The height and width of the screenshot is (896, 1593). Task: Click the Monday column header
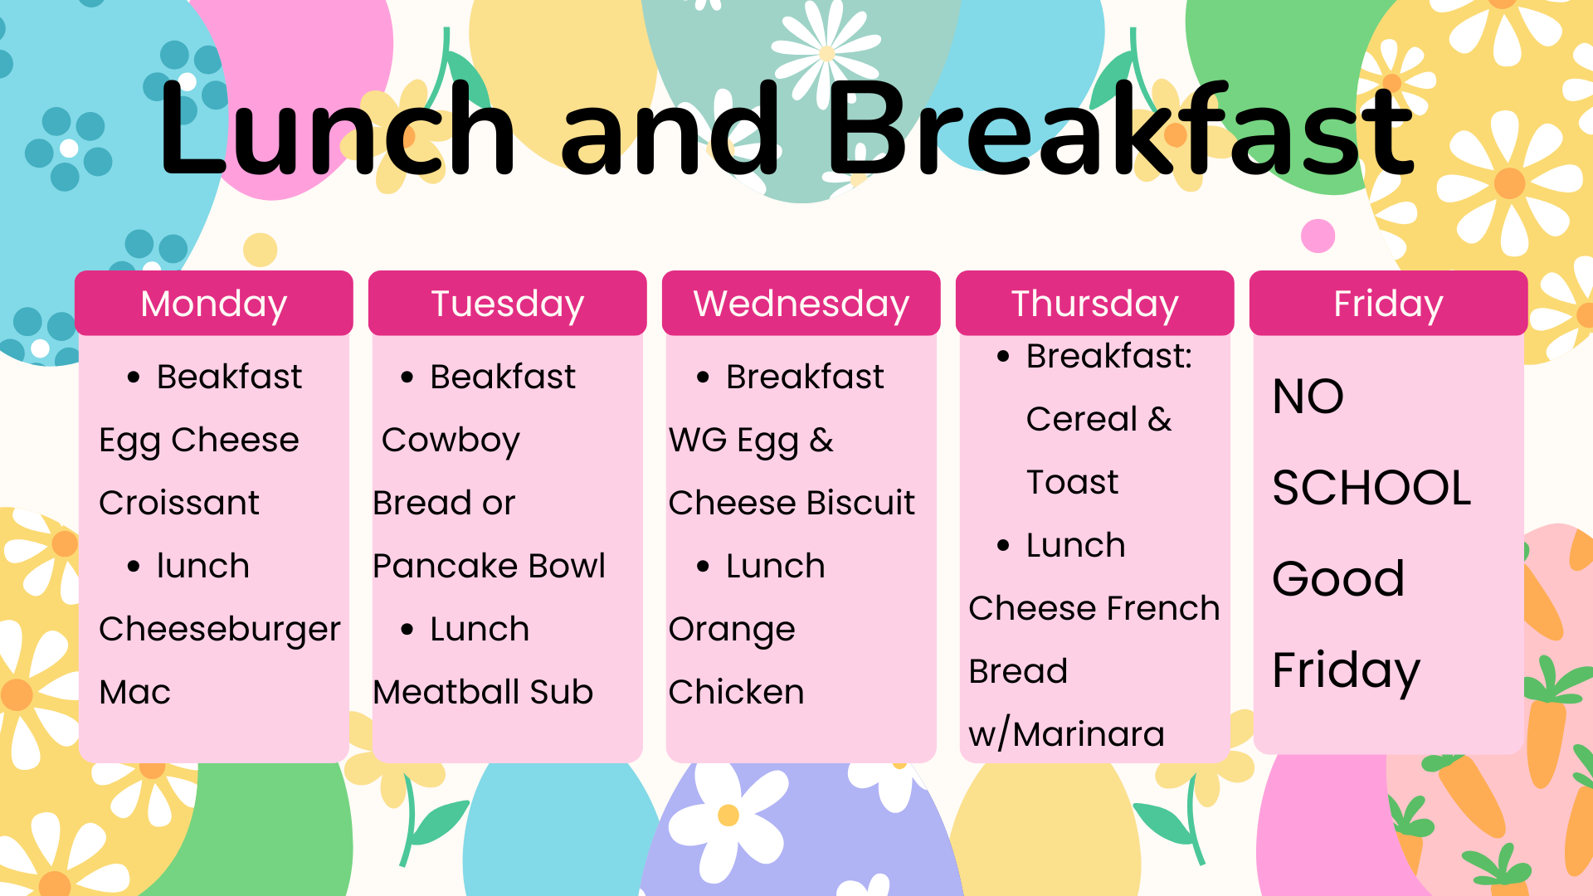214,303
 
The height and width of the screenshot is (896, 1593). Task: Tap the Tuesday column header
508,303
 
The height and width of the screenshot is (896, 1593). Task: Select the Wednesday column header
801,303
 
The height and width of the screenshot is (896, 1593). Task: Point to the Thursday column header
1095,303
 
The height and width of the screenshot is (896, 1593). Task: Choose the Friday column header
1389,303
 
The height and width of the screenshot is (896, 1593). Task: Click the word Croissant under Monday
179,503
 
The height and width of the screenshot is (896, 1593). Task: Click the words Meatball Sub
483,692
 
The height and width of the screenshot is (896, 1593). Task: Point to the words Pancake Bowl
490,566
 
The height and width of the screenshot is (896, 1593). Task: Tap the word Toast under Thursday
1073,482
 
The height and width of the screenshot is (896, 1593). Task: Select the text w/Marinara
1067,734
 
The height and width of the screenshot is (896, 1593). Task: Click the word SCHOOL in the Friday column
1371,488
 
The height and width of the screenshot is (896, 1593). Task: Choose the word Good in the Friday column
1338,578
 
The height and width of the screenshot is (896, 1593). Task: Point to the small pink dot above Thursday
1318,236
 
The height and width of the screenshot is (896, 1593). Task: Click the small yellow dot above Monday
261,250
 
